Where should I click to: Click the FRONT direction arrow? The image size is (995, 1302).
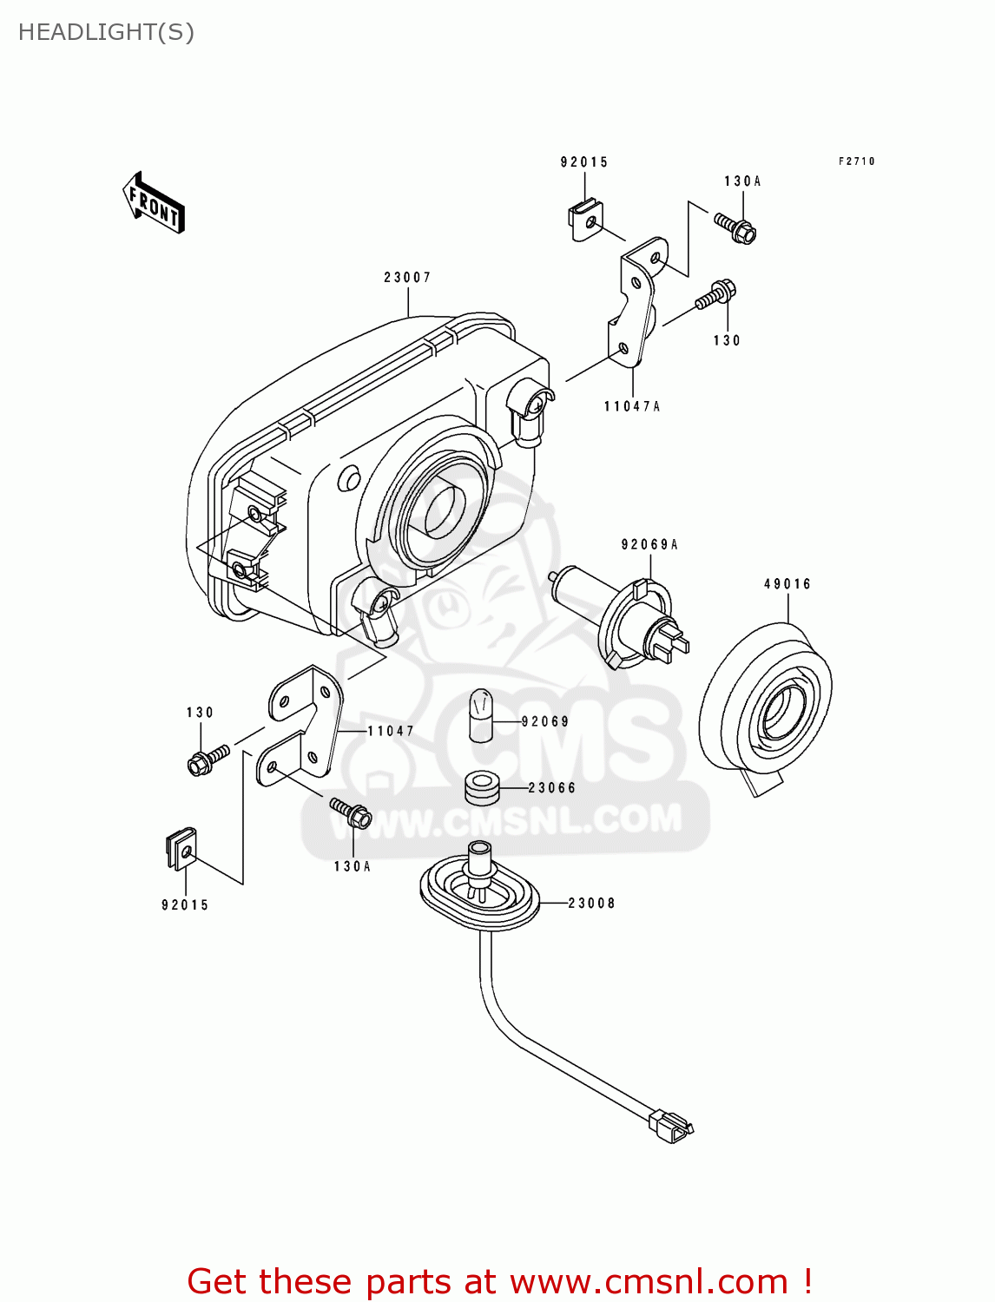tap(155, 203)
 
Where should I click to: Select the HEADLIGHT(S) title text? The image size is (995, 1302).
tap(106, 32)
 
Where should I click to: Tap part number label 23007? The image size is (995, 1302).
tap(407, 278)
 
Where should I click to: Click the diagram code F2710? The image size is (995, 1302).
tap(856, 161)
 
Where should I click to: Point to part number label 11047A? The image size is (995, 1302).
tap(632, 406)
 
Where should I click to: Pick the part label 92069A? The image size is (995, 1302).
tap(649, 545)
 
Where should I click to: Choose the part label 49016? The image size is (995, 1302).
tap(787, 584)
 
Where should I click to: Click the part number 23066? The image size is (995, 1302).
tap(552, 788)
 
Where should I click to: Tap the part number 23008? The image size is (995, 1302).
tap(591, 904)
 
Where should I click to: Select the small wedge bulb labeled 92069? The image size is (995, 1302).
tap(481, 716)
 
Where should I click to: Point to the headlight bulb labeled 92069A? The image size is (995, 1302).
tap(625, 621)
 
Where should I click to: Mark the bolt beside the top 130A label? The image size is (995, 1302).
tap(735, 227)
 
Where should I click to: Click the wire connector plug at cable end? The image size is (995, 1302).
tap(670, 1126)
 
